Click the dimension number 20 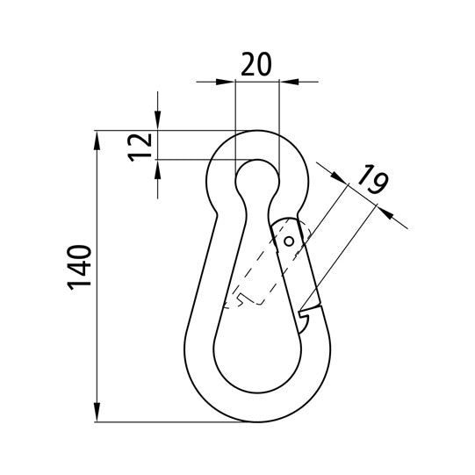point(256,64)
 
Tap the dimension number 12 point(140,148)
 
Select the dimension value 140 point(79,268)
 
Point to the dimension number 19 point(372,179)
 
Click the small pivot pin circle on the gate point(289,241)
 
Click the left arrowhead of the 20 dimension point(226,82)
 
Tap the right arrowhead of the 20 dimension point(289,82)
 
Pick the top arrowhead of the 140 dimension point(97,140)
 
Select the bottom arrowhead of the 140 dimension point(97,412)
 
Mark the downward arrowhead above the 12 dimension point(157,120)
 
